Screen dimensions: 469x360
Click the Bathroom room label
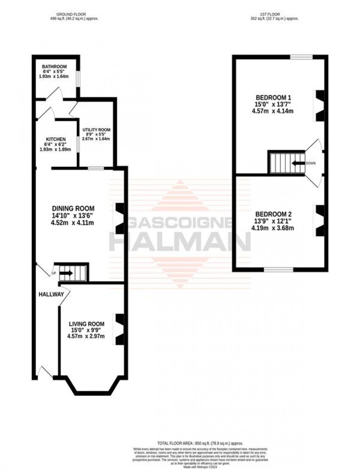coord(54,66)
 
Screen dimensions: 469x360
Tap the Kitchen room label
coord(56,140)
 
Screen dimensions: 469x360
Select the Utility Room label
coord(96,130)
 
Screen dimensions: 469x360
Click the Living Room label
coord(87,324)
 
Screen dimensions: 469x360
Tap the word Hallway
coord(51,294)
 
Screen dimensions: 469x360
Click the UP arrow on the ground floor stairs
coord(66,273)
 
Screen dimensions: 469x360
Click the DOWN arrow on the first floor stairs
coord(298,163)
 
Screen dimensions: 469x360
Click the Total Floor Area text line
coord(200,443)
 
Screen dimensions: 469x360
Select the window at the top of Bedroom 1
coord(301,57)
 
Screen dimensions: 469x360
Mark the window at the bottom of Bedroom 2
coord(278,270)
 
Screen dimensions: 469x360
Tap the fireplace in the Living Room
coord(119,329)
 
